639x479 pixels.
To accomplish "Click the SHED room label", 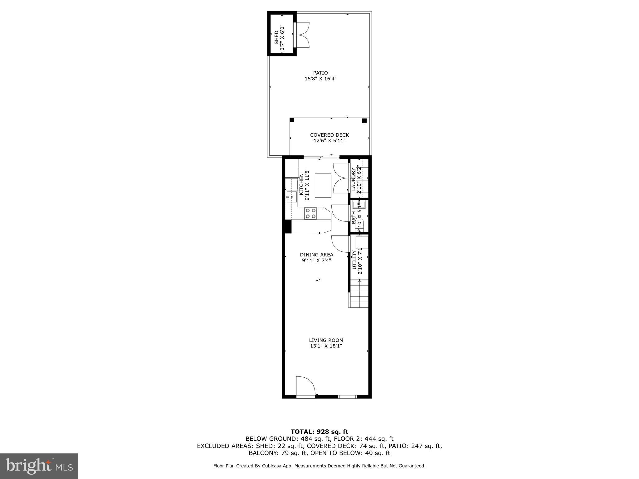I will click(x=276, y=37).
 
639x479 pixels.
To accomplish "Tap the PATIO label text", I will click(x=320, y=73).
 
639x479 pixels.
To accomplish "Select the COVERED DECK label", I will click(x=329, y=135).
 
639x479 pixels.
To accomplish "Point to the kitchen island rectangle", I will click(x=323, y=186).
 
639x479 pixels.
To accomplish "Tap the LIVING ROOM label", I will click(x=326, y=340).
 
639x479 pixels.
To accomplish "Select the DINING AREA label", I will click(x=316, y=255).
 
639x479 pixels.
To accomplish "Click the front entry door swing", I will click(x=305, y=386).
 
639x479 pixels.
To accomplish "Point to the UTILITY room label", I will click(x=354, y=259).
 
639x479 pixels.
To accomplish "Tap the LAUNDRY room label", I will click(x=353, y=179).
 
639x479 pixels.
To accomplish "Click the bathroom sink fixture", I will click(x=359, y=205).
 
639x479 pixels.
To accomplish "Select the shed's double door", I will click(x=302, y=35).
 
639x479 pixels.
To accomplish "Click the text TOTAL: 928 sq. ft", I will click(x=319, y=432).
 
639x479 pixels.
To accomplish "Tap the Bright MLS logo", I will click(x=39, y=466).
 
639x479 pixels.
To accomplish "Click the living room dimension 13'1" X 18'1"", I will click(x=326, y=346).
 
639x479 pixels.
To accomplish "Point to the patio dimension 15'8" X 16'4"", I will click(x=320, y=79).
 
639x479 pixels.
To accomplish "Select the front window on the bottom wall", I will click(x=347, y=397).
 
